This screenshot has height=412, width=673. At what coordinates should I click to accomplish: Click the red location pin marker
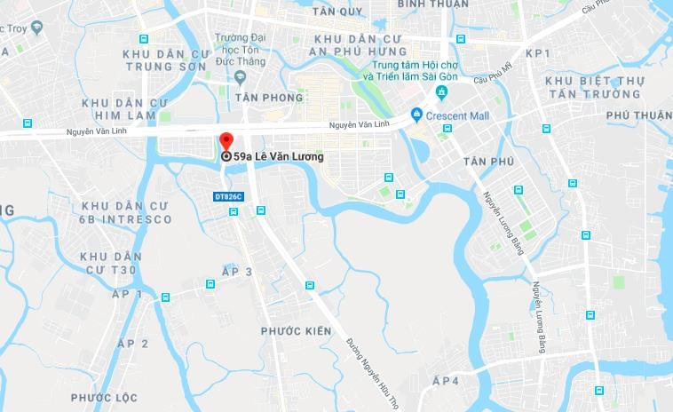(x=226, y=143)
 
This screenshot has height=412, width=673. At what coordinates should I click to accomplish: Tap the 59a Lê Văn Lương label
(x=278, y=157)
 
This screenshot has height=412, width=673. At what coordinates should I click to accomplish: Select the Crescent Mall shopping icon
(x=416, y=115)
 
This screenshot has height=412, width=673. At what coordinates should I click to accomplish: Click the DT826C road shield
(x=228, y=195)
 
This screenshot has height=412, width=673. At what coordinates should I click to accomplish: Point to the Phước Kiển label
(x=296, y=331)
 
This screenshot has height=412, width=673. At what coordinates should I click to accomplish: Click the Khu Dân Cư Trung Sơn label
(x=167, y=59)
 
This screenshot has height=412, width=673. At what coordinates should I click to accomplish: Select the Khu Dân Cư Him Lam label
(x=118, y=109)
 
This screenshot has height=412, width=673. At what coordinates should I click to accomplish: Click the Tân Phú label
(x=488, y=161)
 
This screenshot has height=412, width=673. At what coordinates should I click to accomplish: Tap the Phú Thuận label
(x=638, y=115)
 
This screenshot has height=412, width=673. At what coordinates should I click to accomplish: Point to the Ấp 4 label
(x=445, y=381)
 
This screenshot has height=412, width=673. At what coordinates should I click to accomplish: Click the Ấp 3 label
(x=237, y=272)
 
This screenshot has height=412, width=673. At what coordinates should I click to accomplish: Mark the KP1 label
(x=538, y=53)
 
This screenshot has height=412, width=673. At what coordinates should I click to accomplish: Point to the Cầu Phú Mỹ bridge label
(x=493, y=79)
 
